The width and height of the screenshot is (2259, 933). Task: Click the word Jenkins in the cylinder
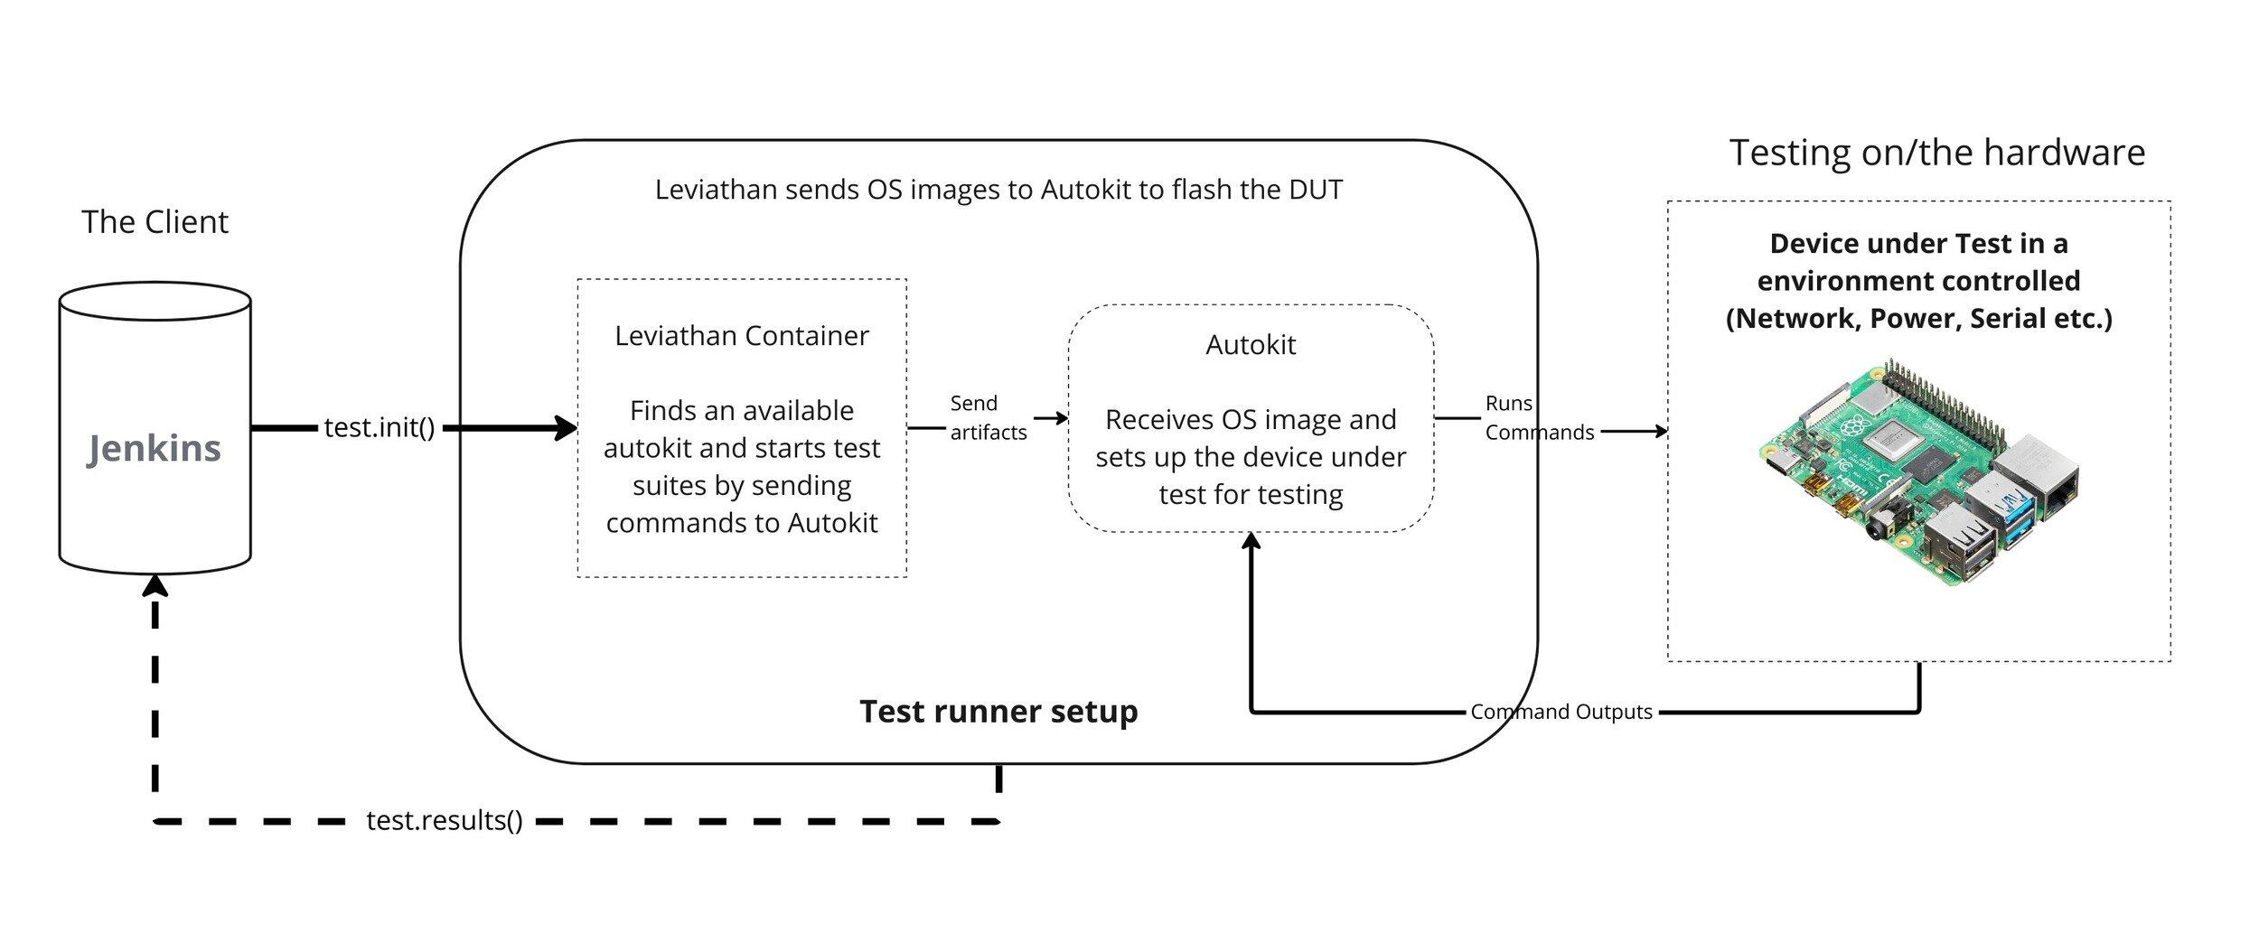pos(154,449)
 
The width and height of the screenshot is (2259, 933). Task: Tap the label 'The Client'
pos(155,222)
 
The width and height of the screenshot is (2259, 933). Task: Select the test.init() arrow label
pos(380,427)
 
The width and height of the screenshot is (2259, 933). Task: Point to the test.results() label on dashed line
pos(445,820)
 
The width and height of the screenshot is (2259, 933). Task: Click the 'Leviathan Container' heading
pos(741,336)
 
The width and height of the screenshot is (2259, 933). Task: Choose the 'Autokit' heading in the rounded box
pos(1251,345)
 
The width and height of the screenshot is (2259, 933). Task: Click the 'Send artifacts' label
pos(987,418)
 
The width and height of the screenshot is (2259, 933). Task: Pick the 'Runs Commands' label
pos(1538,418)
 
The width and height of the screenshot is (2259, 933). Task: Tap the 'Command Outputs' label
pos(1561,712)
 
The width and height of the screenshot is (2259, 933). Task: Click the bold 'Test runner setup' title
pos(998,712)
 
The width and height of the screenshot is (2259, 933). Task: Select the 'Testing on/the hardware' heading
pos(1936,153)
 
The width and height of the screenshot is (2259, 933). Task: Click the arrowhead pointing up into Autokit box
pos(1251,541)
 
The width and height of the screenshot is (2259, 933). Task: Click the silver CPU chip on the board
pos(1898,443)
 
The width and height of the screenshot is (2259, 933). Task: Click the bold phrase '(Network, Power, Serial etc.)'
pos(1918,319)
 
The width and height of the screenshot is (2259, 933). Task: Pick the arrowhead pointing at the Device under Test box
pos(1660,432)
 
